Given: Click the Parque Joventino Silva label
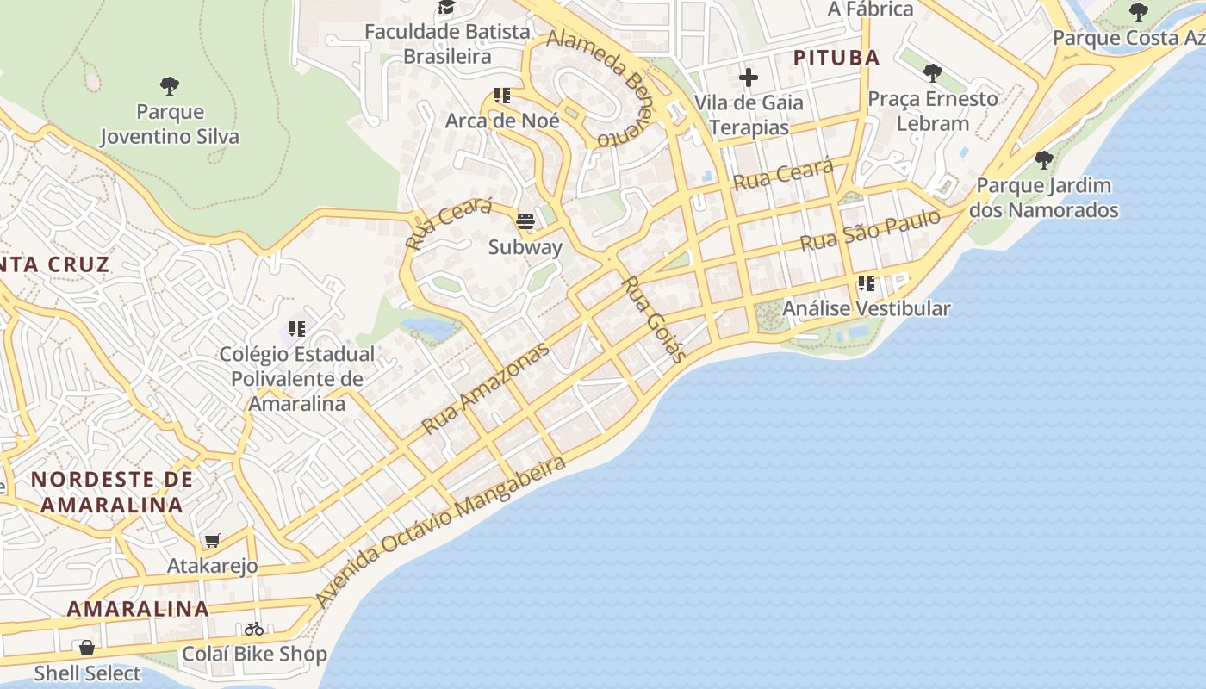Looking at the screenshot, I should point(170,124).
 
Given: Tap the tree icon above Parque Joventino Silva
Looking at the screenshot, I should point(170,85).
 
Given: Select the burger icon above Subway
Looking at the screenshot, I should point(525,221).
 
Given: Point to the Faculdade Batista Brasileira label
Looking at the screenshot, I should point(448,44).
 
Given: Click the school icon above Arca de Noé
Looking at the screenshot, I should point(502,96).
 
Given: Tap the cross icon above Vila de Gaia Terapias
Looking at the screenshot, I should point(748,78).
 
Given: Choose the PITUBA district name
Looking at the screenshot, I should point(836,58).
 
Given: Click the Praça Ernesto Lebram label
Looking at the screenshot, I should point(933,111).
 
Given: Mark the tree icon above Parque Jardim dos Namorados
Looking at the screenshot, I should point(1044,160).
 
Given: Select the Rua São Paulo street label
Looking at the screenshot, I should point(870,231).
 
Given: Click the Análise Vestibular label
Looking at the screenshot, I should point(867,308).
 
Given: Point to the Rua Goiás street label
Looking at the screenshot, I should point(655,319).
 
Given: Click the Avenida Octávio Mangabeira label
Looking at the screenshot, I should point(441,531).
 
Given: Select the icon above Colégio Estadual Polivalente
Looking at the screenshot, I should point(297,328).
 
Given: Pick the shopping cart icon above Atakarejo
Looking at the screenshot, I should point(212,541).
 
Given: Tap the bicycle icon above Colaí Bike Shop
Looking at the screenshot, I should point(253,629).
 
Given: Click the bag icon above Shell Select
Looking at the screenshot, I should point(87,648).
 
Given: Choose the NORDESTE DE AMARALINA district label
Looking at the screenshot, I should point(112,492).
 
